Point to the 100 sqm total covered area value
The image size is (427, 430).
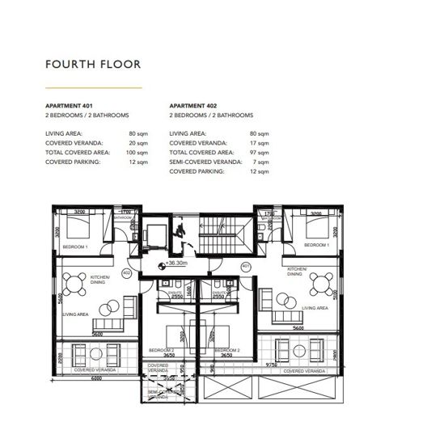click(x=139, y=152)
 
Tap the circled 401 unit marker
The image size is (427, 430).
click(x=244, y=268)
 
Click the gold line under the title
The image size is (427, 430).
click(x=93, y=86)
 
